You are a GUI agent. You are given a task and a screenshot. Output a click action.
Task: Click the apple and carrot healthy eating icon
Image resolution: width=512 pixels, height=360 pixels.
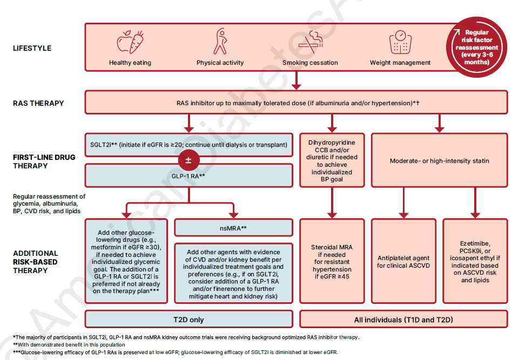coord(130,42)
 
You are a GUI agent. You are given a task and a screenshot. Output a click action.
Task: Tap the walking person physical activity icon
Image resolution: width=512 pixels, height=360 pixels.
coord(220,42)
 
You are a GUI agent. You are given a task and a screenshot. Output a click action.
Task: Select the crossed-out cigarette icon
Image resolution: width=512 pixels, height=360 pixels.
coord(309,42)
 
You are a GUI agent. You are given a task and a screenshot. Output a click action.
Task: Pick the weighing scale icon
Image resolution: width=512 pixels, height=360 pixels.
coord(400,42)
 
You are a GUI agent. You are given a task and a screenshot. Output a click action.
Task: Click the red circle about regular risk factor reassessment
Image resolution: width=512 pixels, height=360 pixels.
coord(476,47)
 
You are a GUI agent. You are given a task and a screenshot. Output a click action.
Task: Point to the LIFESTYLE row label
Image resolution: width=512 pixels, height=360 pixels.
coord(32,48)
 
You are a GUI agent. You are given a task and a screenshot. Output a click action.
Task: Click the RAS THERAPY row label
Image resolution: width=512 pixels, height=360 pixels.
coord(38,103)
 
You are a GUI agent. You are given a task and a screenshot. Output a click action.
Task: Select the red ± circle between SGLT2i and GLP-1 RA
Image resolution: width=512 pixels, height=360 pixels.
coord(188,160)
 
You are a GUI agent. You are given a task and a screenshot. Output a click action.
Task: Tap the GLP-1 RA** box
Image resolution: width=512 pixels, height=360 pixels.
coord(188,176)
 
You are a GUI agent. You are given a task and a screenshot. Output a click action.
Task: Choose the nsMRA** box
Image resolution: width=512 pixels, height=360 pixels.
coord(233,228)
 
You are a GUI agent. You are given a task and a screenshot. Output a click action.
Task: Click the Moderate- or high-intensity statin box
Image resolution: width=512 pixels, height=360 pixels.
coord(440,161)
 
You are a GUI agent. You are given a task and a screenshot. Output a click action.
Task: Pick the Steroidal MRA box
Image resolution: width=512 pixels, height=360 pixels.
coord(332,261)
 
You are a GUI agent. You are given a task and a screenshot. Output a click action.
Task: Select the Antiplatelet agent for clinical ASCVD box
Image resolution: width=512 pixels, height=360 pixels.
coord(403,261)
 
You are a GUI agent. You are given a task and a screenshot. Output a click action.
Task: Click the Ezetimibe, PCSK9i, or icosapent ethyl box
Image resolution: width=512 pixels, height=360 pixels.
coord(475,261)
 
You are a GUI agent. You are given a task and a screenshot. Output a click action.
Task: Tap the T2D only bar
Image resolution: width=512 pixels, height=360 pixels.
coord(188,320)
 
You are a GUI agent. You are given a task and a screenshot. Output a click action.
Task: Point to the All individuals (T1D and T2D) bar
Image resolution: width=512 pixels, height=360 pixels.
coord(403,320)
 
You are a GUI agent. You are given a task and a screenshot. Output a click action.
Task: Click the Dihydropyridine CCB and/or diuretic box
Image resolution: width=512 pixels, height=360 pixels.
coord(332,161)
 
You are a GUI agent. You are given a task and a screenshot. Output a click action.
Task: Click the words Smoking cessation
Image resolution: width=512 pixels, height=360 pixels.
coord(310,63)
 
